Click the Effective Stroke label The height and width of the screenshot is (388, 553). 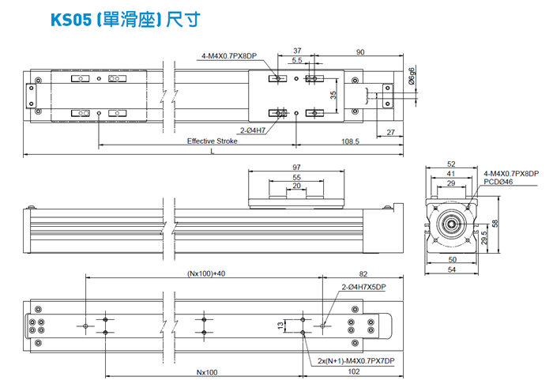click(211, 141)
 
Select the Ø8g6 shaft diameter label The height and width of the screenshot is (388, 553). click(412, 77)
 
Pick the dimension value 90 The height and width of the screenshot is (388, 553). click(360, 52)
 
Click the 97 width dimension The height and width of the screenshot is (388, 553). click(296, 168)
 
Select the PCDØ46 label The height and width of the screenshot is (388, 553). click(498, 182)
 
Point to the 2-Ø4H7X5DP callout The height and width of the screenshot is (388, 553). click(363, 287)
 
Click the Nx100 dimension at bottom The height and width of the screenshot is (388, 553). click(206, 372)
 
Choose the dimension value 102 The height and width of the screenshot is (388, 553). click(355, 372)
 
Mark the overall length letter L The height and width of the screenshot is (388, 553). click(211, 152)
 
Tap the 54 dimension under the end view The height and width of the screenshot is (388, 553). click(453, 270)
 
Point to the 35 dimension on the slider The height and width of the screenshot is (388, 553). click(333, 94)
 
